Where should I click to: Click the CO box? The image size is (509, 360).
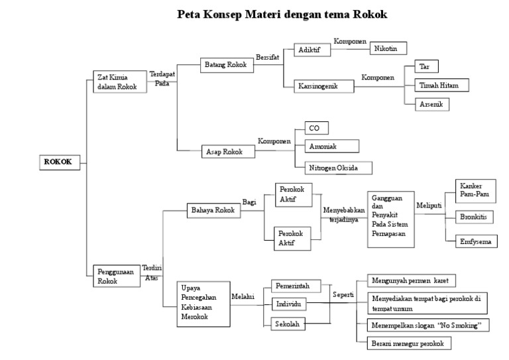[315, 127]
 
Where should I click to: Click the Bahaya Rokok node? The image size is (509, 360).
[213, 210]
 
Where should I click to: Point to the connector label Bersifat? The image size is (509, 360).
[268, 58]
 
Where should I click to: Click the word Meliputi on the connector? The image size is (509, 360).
[429, 205]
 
